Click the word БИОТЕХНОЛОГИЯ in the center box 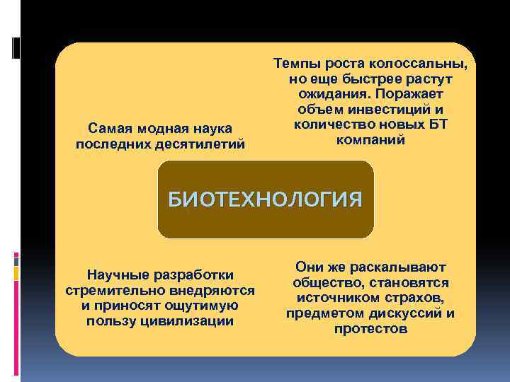265,199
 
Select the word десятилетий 208,144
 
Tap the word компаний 370,140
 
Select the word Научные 113,274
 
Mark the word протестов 371,329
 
